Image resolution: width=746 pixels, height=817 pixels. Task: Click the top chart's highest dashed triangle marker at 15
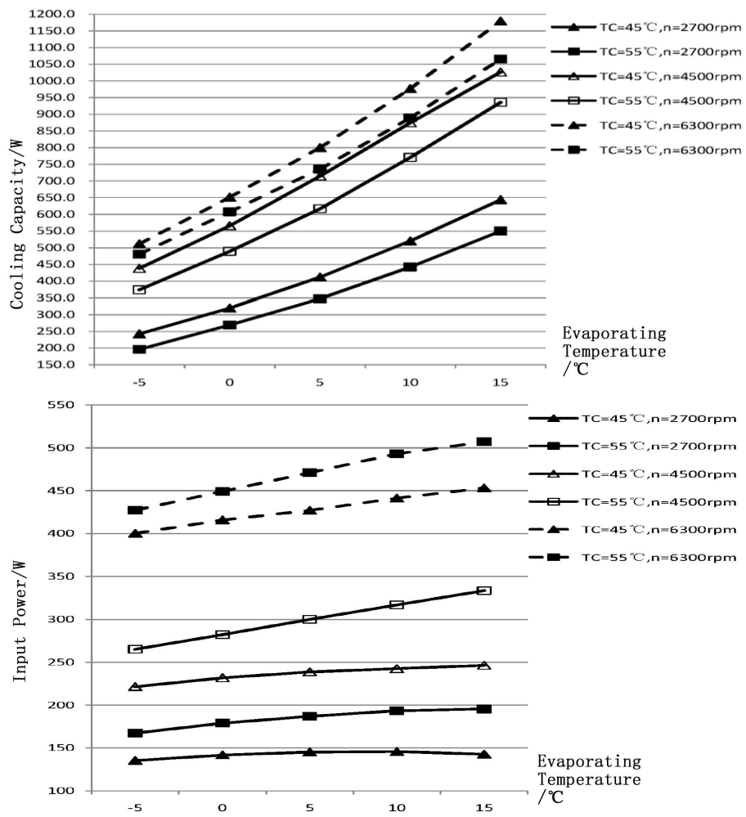tap(501, 21)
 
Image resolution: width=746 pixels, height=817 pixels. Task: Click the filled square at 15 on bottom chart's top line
tap(484, 442)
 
